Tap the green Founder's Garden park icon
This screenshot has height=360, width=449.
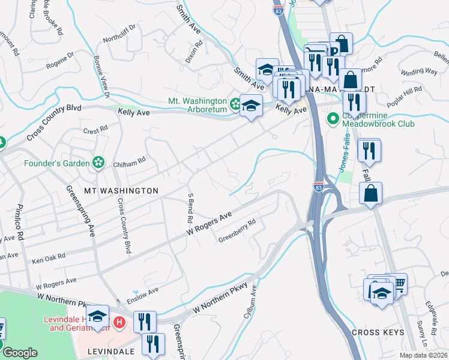[x=96, y=163]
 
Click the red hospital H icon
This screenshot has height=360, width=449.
[x=119, y=323]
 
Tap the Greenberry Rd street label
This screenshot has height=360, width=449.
[x=237, y=230]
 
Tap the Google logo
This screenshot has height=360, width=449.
[x=19, y=352]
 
